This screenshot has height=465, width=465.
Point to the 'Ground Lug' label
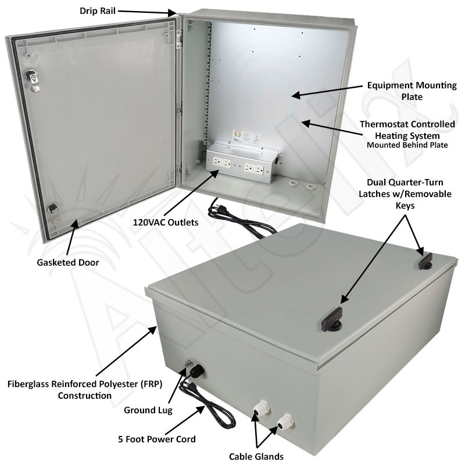pos(148,410)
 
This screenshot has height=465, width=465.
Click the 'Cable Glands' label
pos(256,456)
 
